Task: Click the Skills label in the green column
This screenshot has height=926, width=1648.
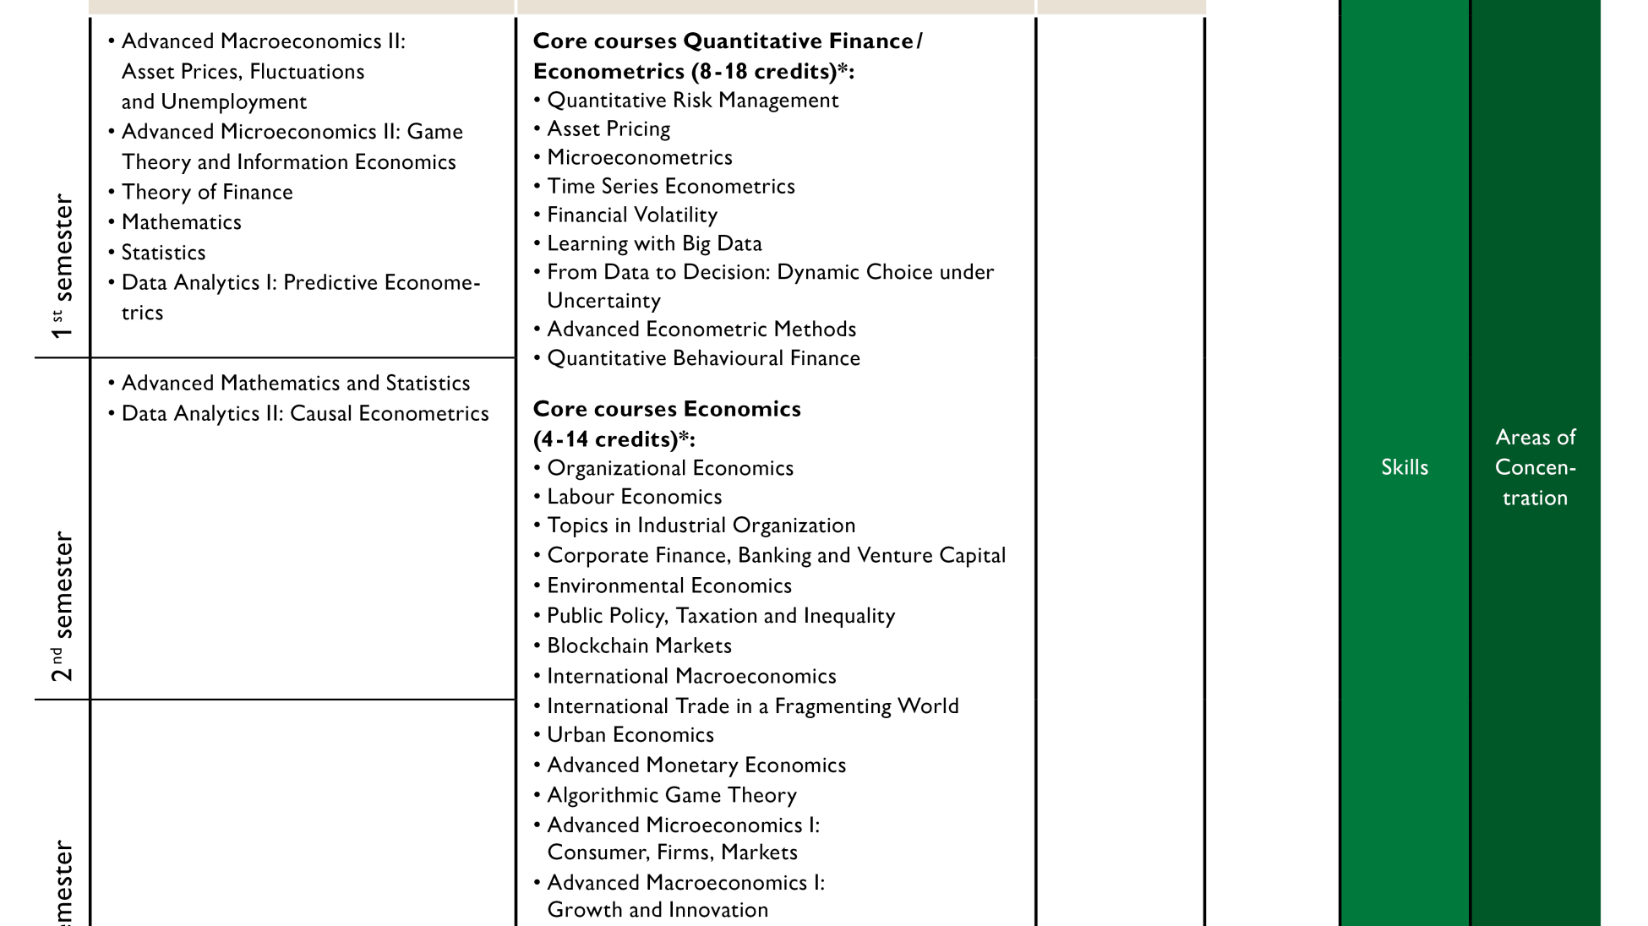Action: point(1405,467)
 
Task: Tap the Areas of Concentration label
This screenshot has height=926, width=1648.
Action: point(1535,467)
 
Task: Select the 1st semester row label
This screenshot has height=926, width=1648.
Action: point(63,267)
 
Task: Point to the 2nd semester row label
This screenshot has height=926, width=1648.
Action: point(63,606)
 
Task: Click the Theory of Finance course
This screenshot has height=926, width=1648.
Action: point(207,193)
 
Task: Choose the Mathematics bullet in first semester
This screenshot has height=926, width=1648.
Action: point(181,222)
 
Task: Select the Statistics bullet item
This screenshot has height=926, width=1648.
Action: point(163,253)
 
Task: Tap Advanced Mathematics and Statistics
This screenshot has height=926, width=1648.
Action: point(295,384)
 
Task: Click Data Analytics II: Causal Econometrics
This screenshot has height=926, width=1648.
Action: point(304,414)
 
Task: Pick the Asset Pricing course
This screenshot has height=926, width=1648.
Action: point(608,129)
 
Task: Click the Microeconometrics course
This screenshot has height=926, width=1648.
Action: point(639,158)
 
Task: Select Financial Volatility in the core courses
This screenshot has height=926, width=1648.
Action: point(631,215)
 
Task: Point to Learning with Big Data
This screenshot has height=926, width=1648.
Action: point(654,244)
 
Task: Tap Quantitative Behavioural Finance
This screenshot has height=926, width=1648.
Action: point(703,358)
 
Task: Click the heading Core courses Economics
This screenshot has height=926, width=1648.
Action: point(667,409)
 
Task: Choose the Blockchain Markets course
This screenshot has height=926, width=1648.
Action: point(639,646)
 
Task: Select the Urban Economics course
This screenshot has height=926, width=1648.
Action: point(630,735)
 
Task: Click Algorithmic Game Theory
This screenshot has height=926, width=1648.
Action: point(671,795)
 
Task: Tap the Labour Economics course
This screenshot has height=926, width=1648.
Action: point(634,497)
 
